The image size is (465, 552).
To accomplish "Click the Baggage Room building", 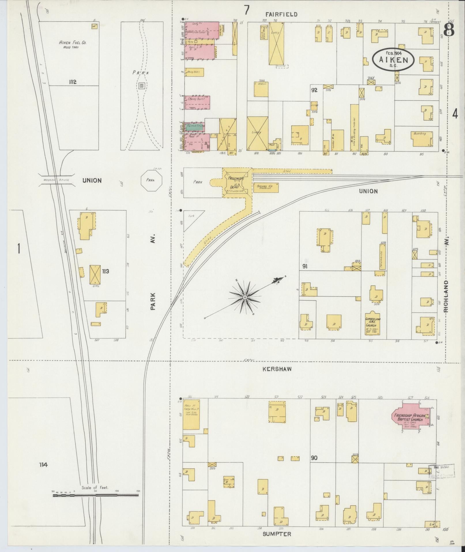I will (x=266, y=188).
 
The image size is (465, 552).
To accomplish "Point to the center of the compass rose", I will (x=244, y=297).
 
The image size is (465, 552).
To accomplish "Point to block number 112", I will (x=72, y=82).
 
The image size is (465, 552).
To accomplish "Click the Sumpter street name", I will (x=277, y=534).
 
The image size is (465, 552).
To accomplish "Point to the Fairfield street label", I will (x=281, y=14).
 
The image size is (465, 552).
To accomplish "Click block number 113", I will (x=105, y=272).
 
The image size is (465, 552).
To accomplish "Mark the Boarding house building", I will (x=422, y=139).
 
